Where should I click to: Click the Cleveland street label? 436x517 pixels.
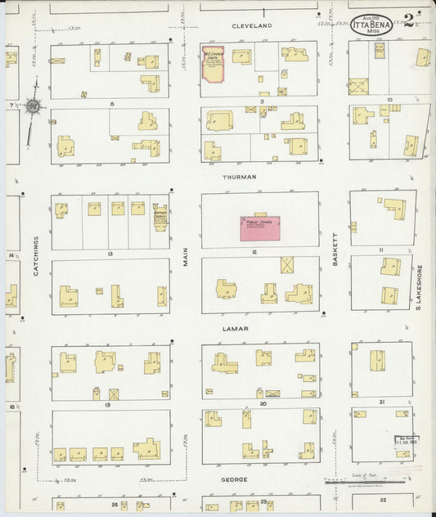(x=251, y=26)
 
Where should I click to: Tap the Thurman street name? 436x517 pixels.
(x=239, y=177)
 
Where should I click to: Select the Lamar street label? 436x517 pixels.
(x=236, y=329)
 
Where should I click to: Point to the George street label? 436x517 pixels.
(x=233, y=479)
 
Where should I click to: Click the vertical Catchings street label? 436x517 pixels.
(x=36, y=255)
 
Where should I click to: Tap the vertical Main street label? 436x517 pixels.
(x=186, y=256)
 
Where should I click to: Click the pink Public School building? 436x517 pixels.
(x=259, y=227)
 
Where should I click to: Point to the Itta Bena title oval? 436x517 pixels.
(x=372, y=25)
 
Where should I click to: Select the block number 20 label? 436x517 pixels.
(x=263, y=403)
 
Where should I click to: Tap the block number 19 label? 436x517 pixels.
(x=109, y=404)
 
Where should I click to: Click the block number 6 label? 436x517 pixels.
(x=110, y=104)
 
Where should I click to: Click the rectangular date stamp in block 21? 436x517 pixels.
(x=402, y=439)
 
